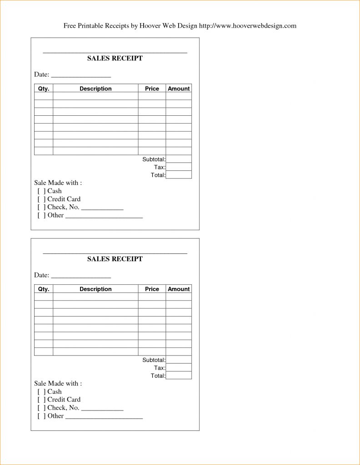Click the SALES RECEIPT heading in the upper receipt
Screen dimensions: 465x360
click(x=115, y=58)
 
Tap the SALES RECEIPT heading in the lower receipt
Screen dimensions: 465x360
click(x=115, y=259)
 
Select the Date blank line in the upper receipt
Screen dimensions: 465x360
click(x=81, y=75)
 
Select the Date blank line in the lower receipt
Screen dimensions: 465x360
click(x=81, y=276)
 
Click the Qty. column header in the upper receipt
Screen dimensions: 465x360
click(x=44, y=89)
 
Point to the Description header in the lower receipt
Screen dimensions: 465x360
click(x=95, y=289)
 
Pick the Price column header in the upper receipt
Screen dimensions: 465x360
click(x=152, y=89)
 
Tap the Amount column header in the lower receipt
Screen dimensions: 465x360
click(x=179, y=289)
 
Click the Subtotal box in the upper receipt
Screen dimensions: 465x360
click(x=179, y=159)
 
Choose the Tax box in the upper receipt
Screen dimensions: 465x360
click(x=179, y=167)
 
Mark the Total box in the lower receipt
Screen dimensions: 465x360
click(x=179, y=376)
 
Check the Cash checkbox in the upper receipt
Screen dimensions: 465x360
click(x=41, y=191)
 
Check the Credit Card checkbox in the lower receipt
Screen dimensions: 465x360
click(x=41, y=400)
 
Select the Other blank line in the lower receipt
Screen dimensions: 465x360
click(x=104, y=417)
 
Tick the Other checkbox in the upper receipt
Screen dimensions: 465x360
click(x=41, y=215)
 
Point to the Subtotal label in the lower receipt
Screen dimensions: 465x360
click(x=154, y=360)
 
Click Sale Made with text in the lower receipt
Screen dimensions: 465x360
click(x=58, y=384)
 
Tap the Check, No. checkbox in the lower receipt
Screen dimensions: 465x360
click(x=41, y=408)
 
